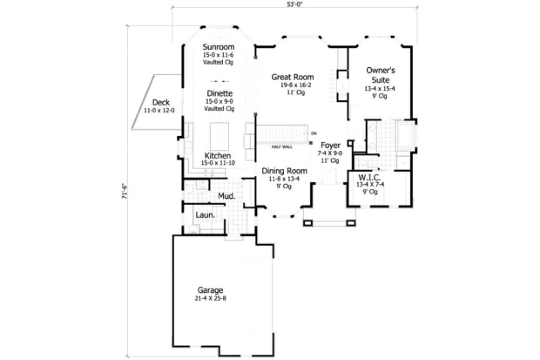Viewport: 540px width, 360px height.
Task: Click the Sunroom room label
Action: [x=218, y=47]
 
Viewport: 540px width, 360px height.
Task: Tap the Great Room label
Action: [x=292, y=77]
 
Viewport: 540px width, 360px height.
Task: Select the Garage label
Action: [x=210, y=290]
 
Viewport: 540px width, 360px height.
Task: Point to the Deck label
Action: [x=161, y=102]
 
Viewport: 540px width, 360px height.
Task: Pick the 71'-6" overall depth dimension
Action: [x=125, y=191]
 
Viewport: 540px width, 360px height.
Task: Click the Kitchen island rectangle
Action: [x=219, y=136]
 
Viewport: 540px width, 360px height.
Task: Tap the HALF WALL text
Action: [x=282, y=147]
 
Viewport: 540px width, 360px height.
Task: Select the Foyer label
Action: [x=330, y=145]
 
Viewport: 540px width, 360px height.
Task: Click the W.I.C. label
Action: [x=370, y=178]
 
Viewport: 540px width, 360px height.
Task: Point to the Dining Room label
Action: [x=285, y=170]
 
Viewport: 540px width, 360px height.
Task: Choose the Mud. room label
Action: [x=227, y=196]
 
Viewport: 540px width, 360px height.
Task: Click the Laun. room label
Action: [x=205, y=215]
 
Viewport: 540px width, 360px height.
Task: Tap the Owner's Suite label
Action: [x=381, y=75]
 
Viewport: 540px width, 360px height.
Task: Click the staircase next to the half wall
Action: [x=282, y=133]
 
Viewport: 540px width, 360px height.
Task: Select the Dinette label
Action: [x=220, y=93]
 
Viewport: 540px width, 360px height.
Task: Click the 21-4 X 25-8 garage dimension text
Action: [x=210, y=299]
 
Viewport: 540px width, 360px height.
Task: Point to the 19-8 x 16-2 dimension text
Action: [x=296, y=85]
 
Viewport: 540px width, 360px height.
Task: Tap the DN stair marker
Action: [x=313, y=133]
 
